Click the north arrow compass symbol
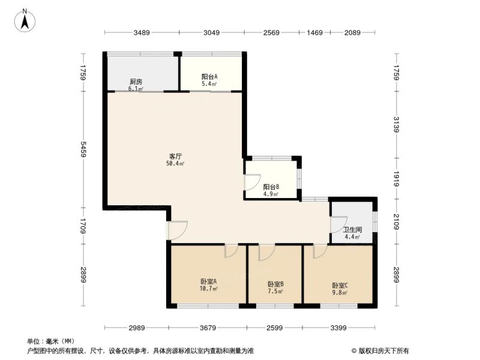[25, 20]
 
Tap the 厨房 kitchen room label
[136, 82]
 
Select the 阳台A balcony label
[209, 77]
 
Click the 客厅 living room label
[175, 156]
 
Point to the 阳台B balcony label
[271, 187]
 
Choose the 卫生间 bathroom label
[352, 230]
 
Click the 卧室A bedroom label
[209, 281]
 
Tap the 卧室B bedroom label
[275, 284]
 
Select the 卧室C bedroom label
[340, 286]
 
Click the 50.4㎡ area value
[175, 164]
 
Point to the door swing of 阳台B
[252, 182]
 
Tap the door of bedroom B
[266, 253]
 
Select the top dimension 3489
[142, 32]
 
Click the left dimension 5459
[83, 149]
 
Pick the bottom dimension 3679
[208, 328]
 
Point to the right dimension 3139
[397, 125]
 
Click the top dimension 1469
[314, 32]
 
